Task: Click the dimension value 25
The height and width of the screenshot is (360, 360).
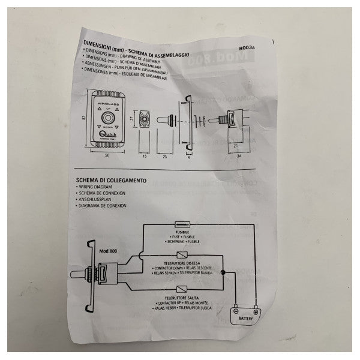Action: [x=164, y=157]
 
